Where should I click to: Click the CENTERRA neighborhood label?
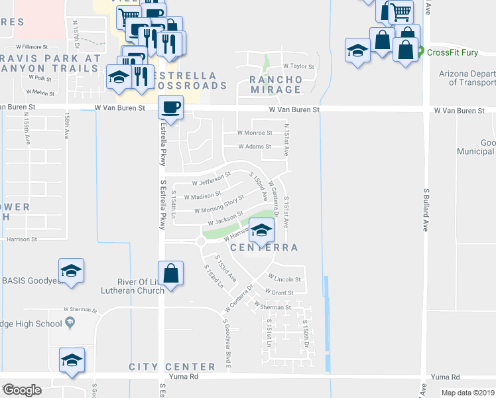coord(263,247)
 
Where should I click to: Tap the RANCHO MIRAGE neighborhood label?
coord(276,84)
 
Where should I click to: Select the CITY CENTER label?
coord(172,367)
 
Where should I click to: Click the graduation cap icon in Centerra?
coord(262,231)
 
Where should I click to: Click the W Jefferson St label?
coord(211,180)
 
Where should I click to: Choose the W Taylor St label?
coord(298,66)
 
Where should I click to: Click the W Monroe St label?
coord(255,133)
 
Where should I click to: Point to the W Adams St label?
coord(255,147)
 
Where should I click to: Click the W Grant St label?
coord(279,292)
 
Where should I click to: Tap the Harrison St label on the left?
coord(21,239)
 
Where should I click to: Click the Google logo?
coord(21,390)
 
